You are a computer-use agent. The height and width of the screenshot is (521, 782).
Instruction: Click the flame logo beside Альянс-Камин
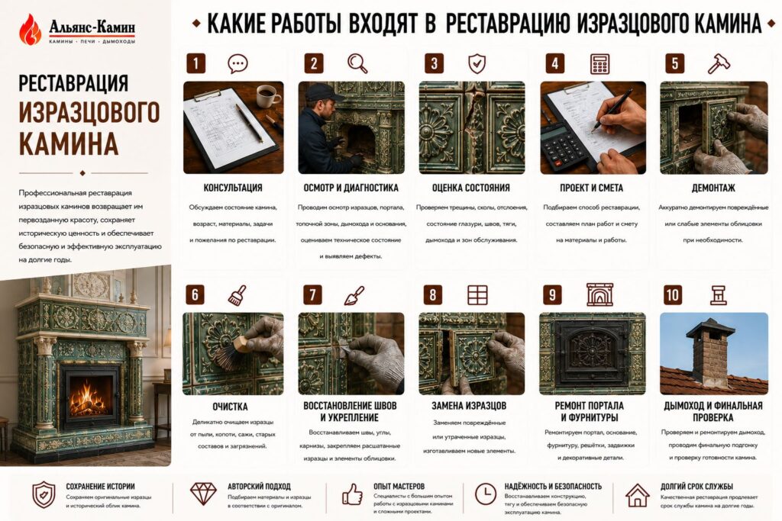(x=30, y=30)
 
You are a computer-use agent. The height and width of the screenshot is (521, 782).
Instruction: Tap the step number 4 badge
(x=554, y=64)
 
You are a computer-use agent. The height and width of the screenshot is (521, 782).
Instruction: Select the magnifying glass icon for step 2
(x=357, y=63)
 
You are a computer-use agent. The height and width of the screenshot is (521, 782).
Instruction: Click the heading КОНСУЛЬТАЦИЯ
(x=233, y=188)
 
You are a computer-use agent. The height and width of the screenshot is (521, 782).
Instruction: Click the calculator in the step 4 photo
(x=564, y=145)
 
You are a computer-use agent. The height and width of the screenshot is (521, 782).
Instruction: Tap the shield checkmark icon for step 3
(x=477, y=64)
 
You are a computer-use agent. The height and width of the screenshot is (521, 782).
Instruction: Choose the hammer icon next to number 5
(x=719, y=64)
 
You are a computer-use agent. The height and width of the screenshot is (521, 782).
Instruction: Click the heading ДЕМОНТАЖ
(x=713, y=188)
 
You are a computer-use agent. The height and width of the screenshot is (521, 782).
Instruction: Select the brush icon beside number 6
(x=238, y=295)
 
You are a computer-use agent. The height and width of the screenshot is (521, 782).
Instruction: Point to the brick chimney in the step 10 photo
(x=711, y=351)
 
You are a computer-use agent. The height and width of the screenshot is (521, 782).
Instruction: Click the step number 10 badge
(x=673, y=295)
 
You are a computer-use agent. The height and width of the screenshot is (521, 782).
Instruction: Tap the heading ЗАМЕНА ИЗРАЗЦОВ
(x=469, y=406)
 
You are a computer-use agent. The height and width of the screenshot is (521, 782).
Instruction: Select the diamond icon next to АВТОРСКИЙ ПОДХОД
(x=203, y=494)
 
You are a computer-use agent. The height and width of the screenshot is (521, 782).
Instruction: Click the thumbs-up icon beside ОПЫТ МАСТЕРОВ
(x=352, y=494)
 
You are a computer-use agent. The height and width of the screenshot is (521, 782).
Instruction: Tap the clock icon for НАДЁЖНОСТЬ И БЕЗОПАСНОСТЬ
(x=485, y=494)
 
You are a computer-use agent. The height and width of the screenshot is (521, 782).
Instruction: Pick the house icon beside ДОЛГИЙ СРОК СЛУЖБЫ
(x=638, y=495)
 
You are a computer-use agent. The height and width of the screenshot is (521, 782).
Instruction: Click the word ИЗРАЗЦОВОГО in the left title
(x=89, y=113)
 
